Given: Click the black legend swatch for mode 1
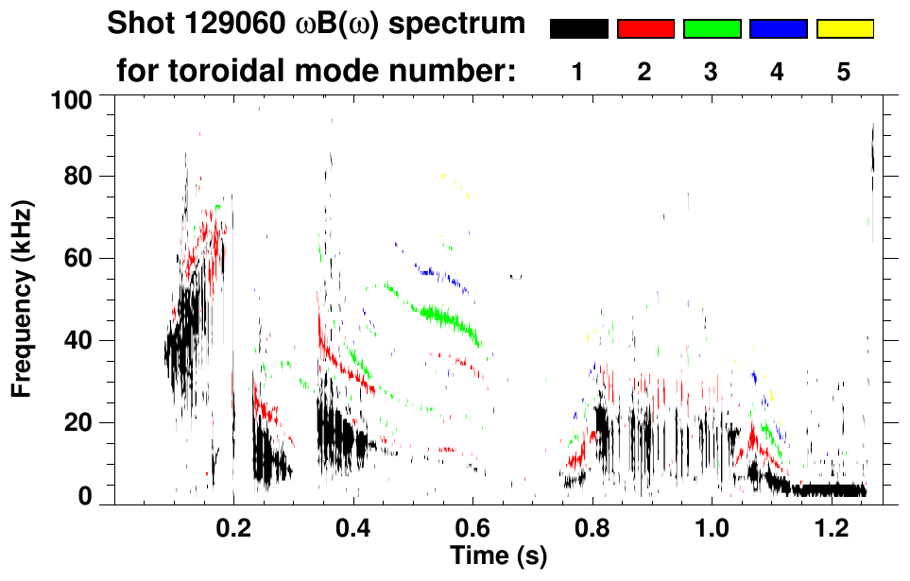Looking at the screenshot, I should coord(578,29).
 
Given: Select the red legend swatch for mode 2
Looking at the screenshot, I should coord(645,29).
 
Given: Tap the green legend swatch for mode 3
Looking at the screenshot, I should coord(712,29).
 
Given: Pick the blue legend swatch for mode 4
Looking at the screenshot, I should coord(778,29).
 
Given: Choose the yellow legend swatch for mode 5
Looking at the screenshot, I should coord(844,29).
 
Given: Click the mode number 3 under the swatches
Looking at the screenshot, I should coord(711,73).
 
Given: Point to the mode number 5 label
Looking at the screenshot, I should coord(844,73).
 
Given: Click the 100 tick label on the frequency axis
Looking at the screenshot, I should coord(73,97).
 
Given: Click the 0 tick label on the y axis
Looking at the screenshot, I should coord(86,497).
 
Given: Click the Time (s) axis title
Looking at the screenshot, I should coord(498,555).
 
